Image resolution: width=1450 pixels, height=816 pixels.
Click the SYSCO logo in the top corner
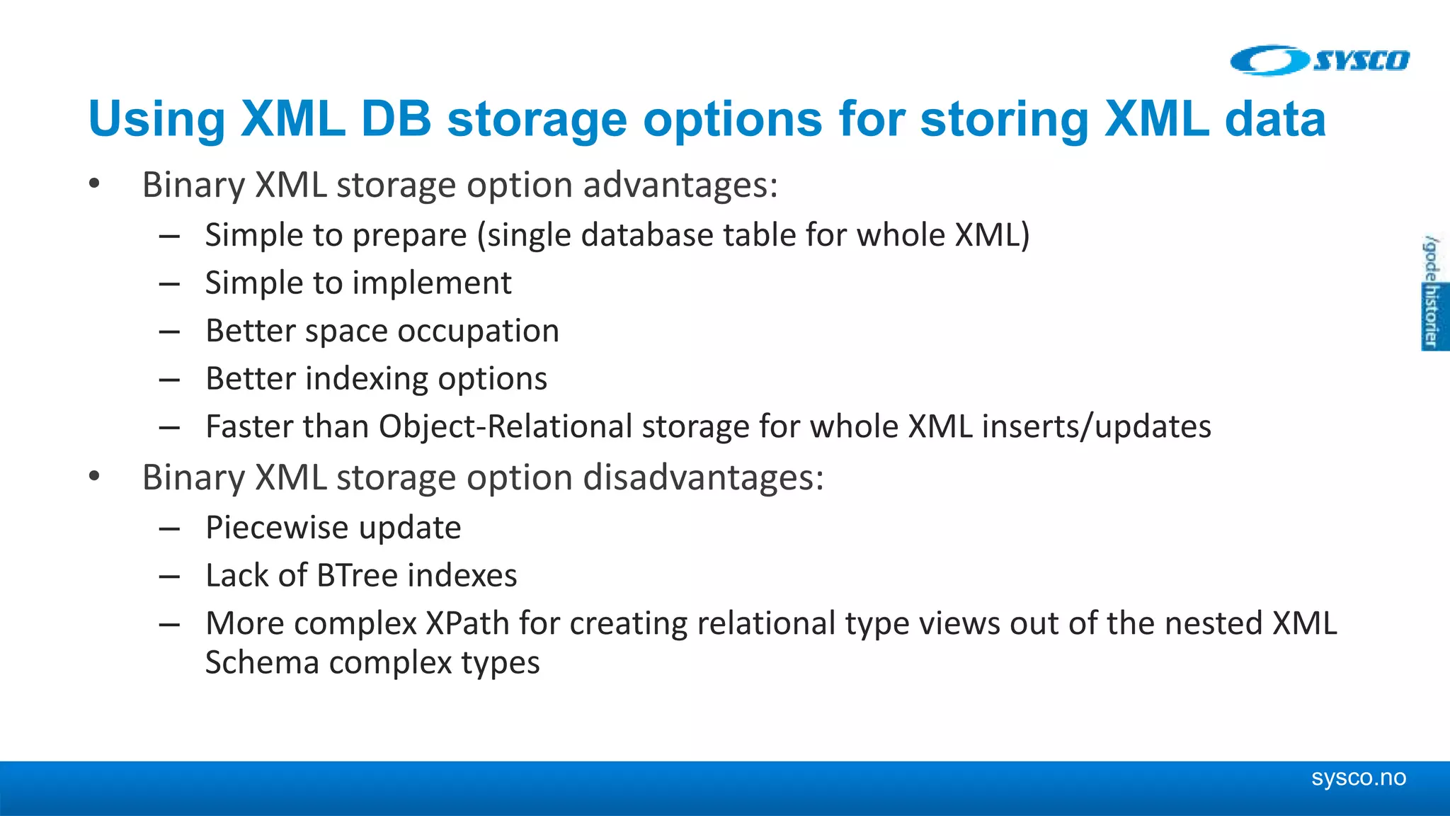pyautogui.click(x=1320, y=60)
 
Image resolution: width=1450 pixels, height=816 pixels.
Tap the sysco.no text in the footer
pyautogui.click(x=1358, y=777)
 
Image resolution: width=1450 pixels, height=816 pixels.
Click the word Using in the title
pyautogui.click(x=156, y=119)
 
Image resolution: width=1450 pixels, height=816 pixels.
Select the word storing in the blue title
pyautogui.click(x=1004, y=119)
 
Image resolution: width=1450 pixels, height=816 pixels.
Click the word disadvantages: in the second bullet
pyautogui.click(x=703, y=477)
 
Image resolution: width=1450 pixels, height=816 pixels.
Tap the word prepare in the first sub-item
pyautogui.click(x=409, y=236)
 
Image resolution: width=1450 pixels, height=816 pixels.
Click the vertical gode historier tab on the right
pyautogui.click(x=1433, y=293)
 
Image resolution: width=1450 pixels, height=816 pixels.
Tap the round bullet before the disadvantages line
pyautogui.click(x=94, y=477)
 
